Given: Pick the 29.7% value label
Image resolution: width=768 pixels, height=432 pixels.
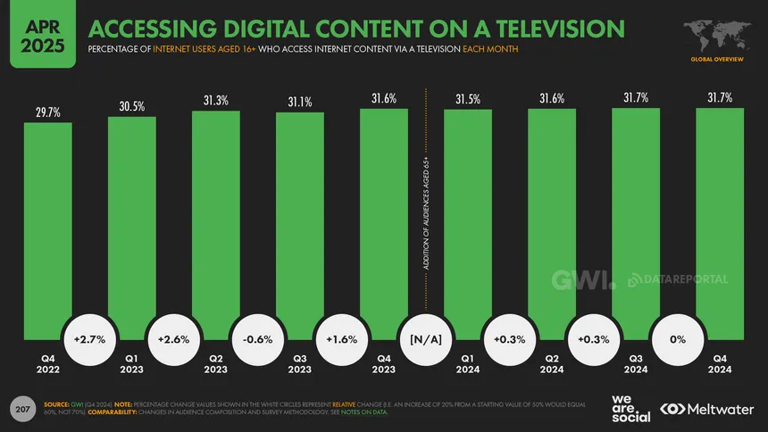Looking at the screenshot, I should pyautogui.click(x=48, y=113).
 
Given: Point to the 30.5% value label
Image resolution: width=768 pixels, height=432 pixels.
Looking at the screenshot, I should pyautogui.click(x=132, y=107).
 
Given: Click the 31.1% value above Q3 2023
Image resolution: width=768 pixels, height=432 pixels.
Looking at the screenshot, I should pyautogui.click(x=300, y=103).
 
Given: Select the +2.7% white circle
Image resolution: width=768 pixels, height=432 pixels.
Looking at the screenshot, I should pyautogui.click(x=90, y=339).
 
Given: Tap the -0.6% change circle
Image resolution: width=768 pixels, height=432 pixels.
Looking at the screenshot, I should pyautogui.click(x=258, y=339).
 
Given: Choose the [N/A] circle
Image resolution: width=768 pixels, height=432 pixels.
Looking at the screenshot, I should pyautogui.click(x=426, y=339).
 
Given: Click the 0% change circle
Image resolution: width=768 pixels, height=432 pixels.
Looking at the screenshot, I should pyautogui.click(x=678, y=339).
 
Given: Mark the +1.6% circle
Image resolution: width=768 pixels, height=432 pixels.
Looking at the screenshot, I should pyautogui.click(x=342, y=339).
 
